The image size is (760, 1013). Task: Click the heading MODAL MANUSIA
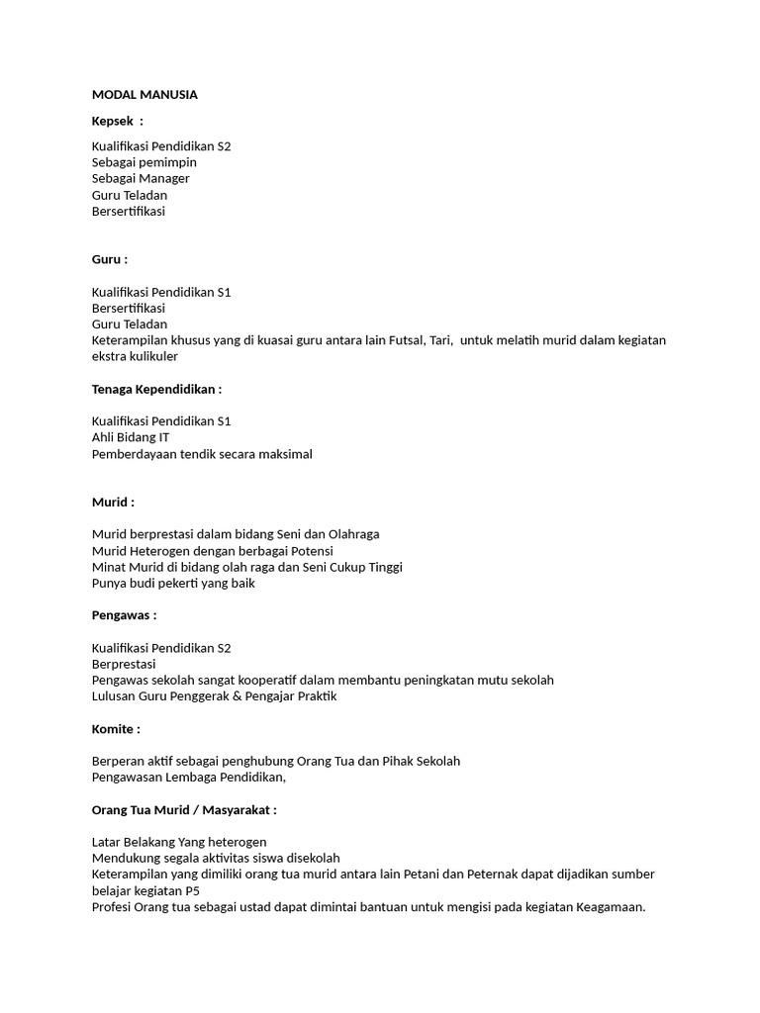144,95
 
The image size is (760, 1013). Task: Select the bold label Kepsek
113,121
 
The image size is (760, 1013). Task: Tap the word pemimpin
170,162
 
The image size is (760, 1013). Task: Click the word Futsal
403,340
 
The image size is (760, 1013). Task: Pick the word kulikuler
152,356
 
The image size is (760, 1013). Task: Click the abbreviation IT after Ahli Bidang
163,437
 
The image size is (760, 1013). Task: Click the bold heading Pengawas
122,615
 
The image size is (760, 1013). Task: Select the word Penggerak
201,696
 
